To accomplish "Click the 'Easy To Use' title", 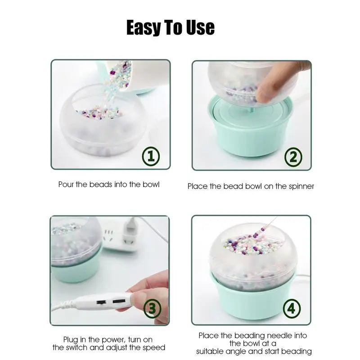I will point(170,27).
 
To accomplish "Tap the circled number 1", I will point(151,156).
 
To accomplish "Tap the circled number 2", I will point(293,157).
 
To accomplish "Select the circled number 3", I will point(152,308).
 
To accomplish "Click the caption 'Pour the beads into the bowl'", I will point(109,184).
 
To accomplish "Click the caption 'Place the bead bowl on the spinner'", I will point(251,186).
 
